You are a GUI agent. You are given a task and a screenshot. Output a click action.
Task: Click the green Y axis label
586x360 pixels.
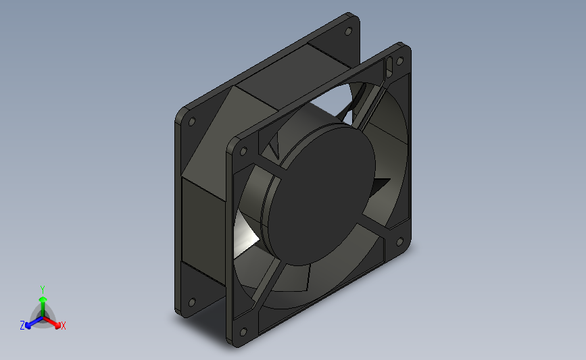point(42,290)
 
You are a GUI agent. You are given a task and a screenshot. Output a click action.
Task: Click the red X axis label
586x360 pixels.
point(63,326)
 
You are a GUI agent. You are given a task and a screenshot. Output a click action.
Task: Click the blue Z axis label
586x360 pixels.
point(22,326)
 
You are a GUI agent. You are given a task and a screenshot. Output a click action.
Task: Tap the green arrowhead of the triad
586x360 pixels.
point(43,299)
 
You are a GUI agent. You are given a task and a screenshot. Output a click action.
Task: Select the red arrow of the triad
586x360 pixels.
point(51,322)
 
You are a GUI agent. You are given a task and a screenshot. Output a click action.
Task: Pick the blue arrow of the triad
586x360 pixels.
point(34,323)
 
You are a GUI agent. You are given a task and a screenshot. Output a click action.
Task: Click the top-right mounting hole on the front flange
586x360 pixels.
point(399,61)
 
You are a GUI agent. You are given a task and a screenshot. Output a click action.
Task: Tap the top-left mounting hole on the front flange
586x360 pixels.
point(243,151)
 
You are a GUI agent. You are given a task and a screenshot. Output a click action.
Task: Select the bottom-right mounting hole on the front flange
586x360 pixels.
point(399,242)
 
